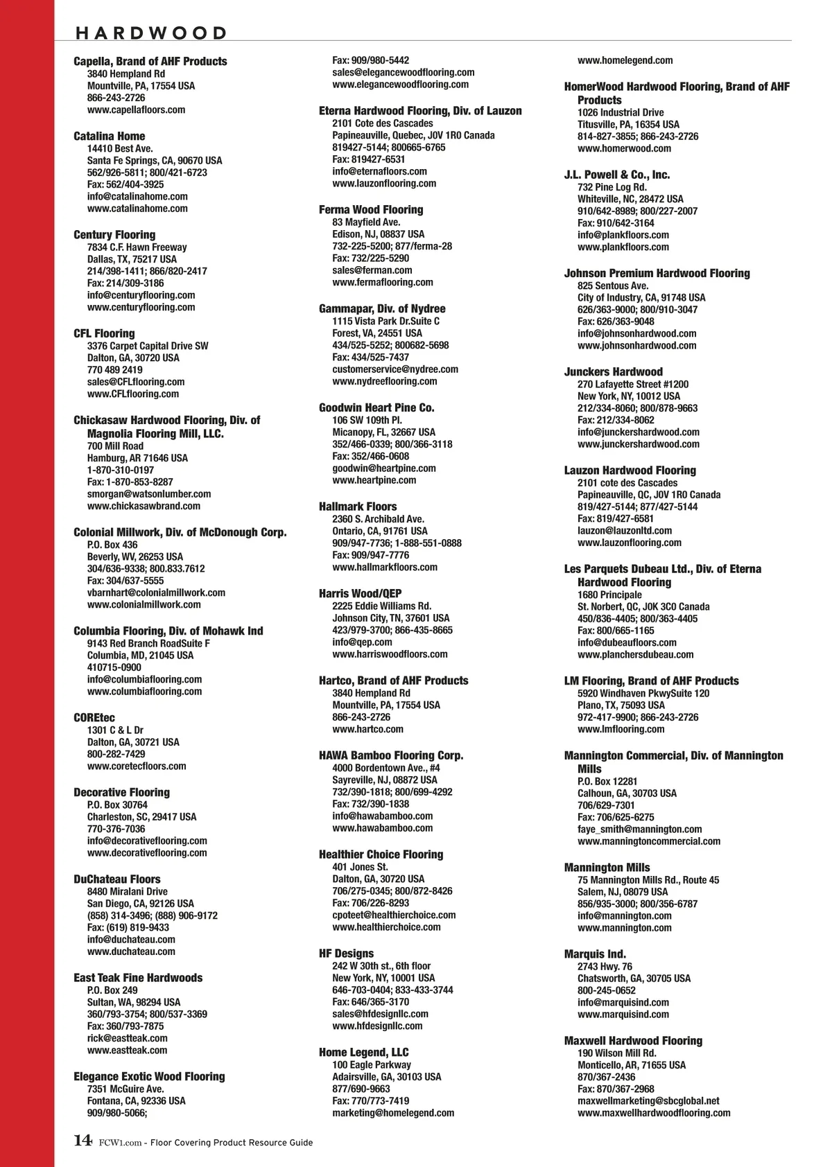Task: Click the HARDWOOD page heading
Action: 151,33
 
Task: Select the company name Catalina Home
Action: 110,137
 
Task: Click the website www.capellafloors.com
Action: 136,109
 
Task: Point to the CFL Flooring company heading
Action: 104,333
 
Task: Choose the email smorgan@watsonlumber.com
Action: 149,494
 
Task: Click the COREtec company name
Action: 94,718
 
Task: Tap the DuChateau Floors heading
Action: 117,879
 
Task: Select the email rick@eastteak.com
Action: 127,1038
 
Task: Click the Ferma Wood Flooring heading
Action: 371,210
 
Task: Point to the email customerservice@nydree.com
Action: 395,369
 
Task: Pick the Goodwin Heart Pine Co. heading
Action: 376,407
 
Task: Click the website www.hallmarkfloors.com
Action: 385,567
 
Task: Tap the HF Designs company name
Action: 346,954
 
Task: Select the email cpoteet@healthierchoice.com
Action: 394,915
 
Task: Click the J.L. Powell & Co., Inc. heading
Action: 617,175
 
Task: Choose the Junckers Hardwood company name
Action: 614,372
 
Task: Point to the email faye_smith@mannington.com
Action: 639,829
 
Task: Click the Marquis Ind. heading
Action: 595,954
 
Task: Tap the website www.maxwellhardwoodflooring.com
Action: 654,1113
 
